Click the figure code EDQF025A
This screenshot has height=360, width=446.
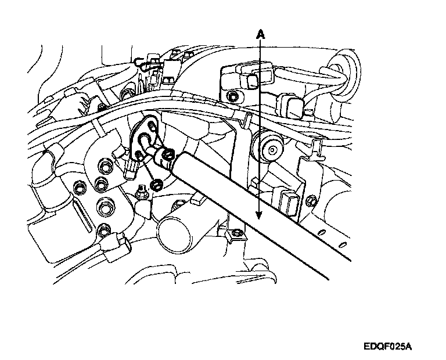(x=389, y=347)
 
